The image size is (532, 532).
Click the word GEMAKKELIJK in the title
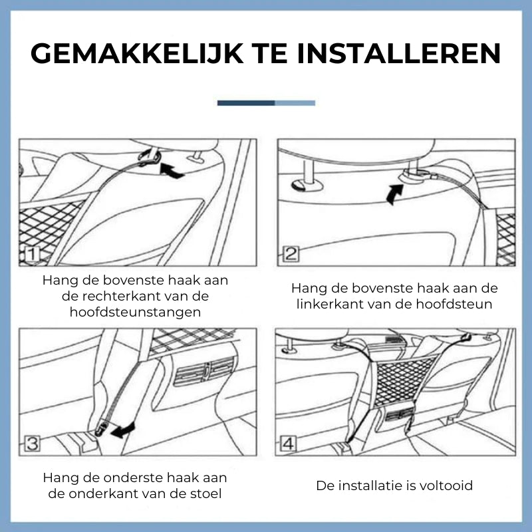click(137, 53)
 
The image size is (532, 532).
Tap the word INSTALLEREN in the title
click(399, 53)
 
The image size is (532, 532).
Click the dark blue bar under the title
click(246, 103)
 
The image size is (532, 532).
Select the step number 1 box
click(32, 255)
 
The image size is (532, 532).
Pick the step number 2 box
click(291, 254)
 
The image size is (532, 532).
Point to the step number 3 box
click(32, 443)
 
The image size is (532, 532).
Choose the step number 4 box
click(288, 444)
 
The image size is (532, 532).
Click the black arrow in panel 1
click(172, 171)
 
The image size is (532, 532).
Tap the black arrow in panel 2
click(394, 194)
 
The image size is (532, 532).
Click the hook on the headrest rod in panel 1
click(149, 157)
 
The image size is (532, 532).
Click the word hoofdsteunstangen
click(135, 312)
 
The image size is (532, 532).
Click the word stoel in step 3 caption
click(205, 493)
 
